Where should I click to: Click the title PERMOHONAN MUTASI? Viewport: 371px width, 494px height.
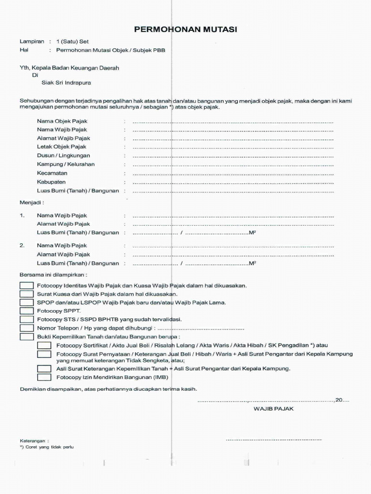185,30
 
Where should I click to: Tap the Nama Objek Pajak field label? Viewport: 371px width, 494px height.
62,121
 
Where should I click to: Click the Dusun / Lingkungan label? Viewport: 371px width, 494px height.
63,156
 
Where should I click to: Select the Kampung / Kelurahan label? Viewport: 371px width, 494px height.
66,165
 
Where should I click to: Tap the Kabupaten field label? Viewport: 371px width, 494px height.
51,182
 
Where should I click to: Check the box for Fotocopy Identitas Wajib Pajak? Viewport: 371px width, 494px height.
27,286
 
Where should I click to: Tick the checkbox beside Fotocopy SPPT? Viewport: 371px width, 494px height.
27,311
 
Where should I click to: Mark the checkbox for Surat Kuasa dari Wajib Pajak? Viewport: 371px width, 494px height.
27,294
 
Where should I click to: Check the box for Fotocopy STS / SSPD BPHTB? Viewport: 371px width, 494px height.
27,319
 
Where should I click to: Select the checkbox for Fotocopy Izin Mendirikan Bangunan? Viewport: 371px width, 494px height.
44,377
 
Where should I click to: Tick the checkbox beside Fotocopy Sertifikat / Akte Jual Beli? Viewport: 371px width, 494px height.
44,345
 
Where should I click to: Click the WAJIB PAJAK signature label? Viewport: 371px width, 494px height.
273,409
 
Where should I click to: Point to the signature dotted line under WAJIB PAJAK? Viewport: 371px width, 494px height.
273,440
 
